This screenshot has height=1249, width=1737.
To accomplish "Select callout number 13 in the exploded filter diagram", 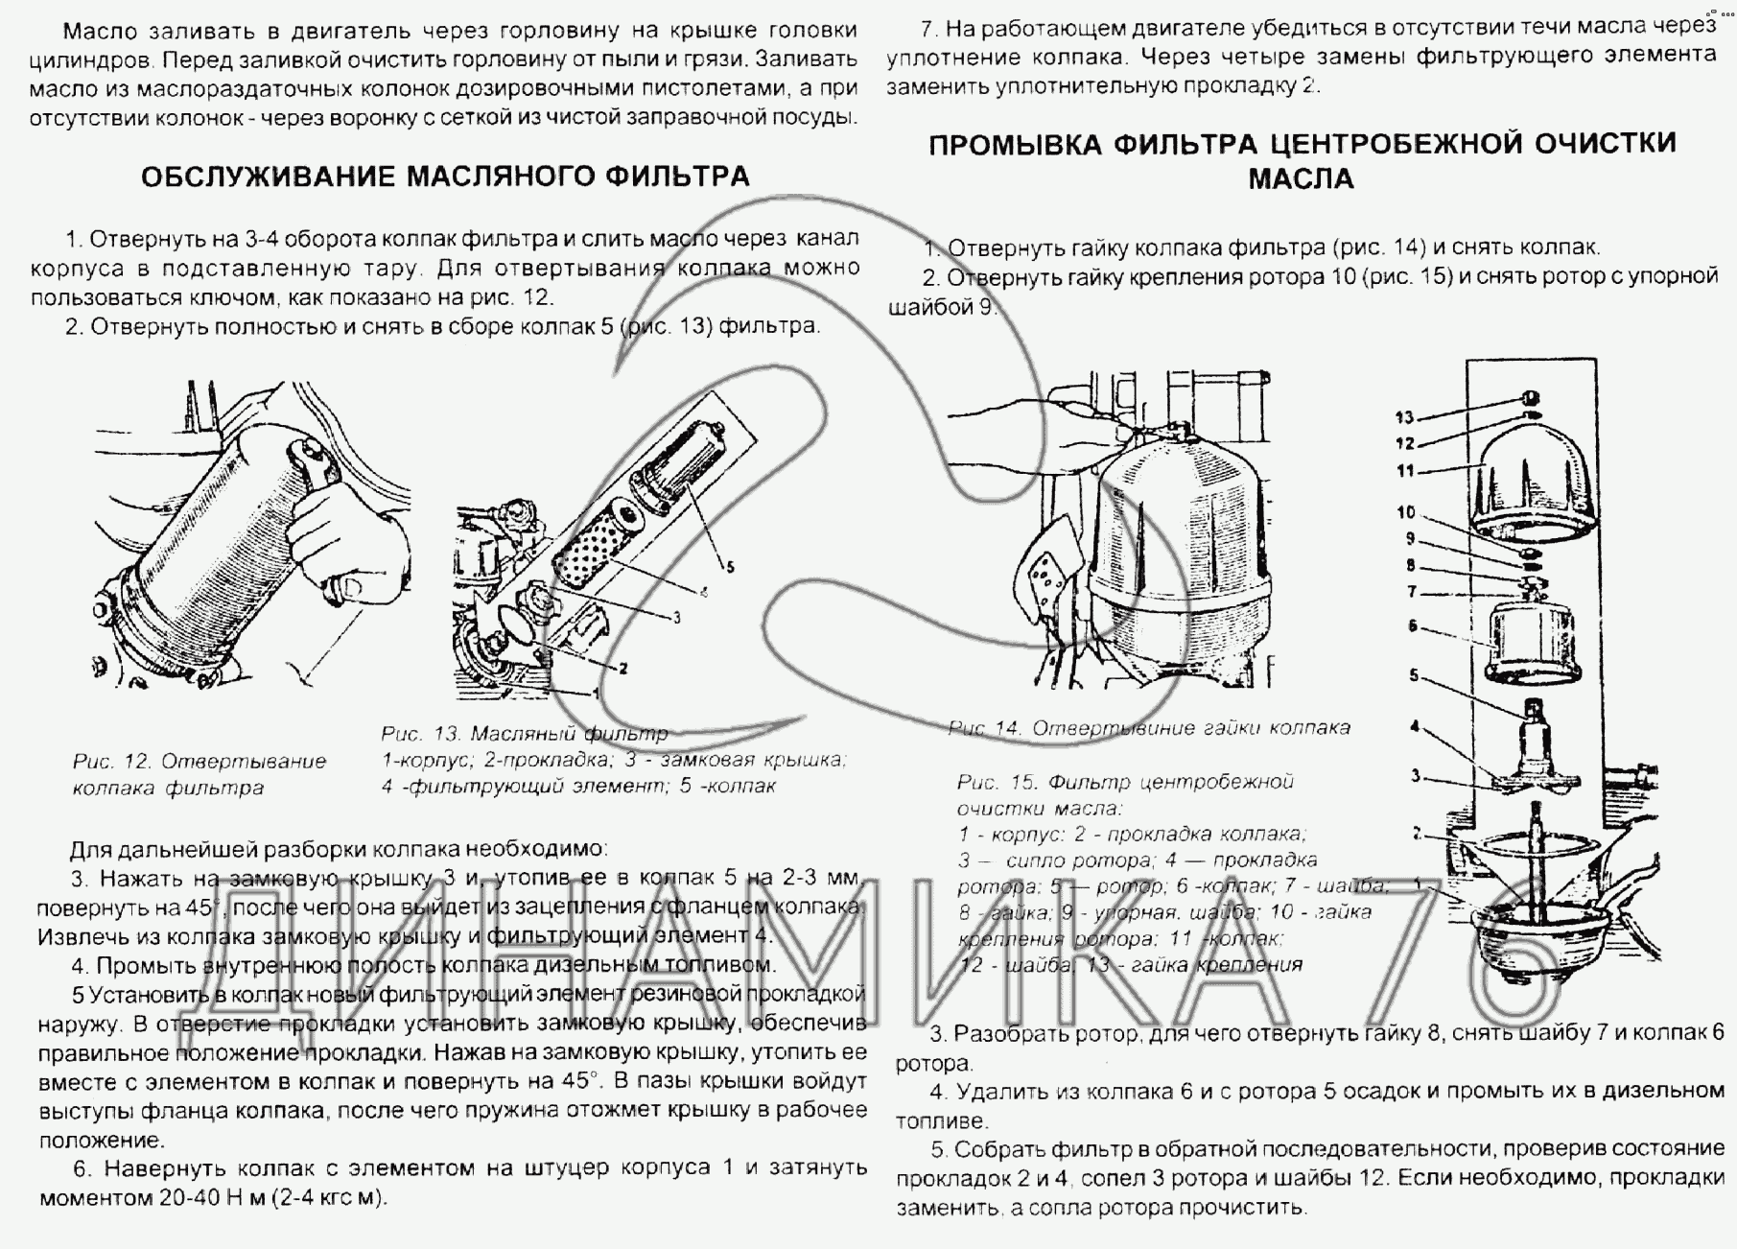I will click(1404, 417).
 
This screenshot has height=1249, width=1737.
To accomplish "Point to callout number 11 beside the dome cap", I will click(1405, 471).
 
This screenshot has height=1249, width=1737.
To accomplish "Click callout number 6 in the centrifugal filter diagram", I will click(1412, 626).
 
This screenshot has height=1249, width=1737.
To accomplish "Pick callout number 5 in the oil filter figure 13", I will click(730, 567).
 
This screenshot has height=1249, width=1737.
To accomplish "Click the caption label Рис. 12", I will click(111, 762).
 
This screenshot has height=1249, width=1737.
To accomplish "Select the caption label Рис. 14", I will click(985, 728).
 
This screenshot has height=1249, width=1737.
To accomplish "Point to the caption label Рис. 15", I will click(995, 782).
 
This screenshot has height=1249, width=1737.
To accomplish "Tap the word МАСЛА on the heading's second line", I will click(1301, 179).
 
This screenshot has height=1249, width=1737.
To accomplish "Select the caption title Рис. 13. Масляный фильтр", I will click(524, 735).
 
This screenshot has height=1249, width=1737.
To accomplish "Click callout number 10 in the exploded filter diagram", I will click(1405, 512).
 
